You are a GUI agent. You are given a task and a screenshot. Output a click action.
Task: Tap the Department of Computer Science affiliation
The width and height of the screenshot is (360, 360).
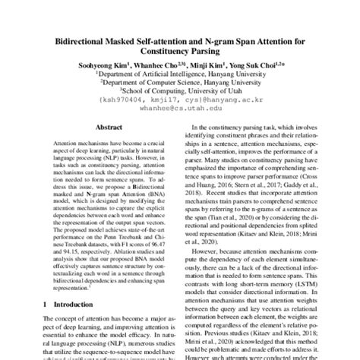coord(179,87)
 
